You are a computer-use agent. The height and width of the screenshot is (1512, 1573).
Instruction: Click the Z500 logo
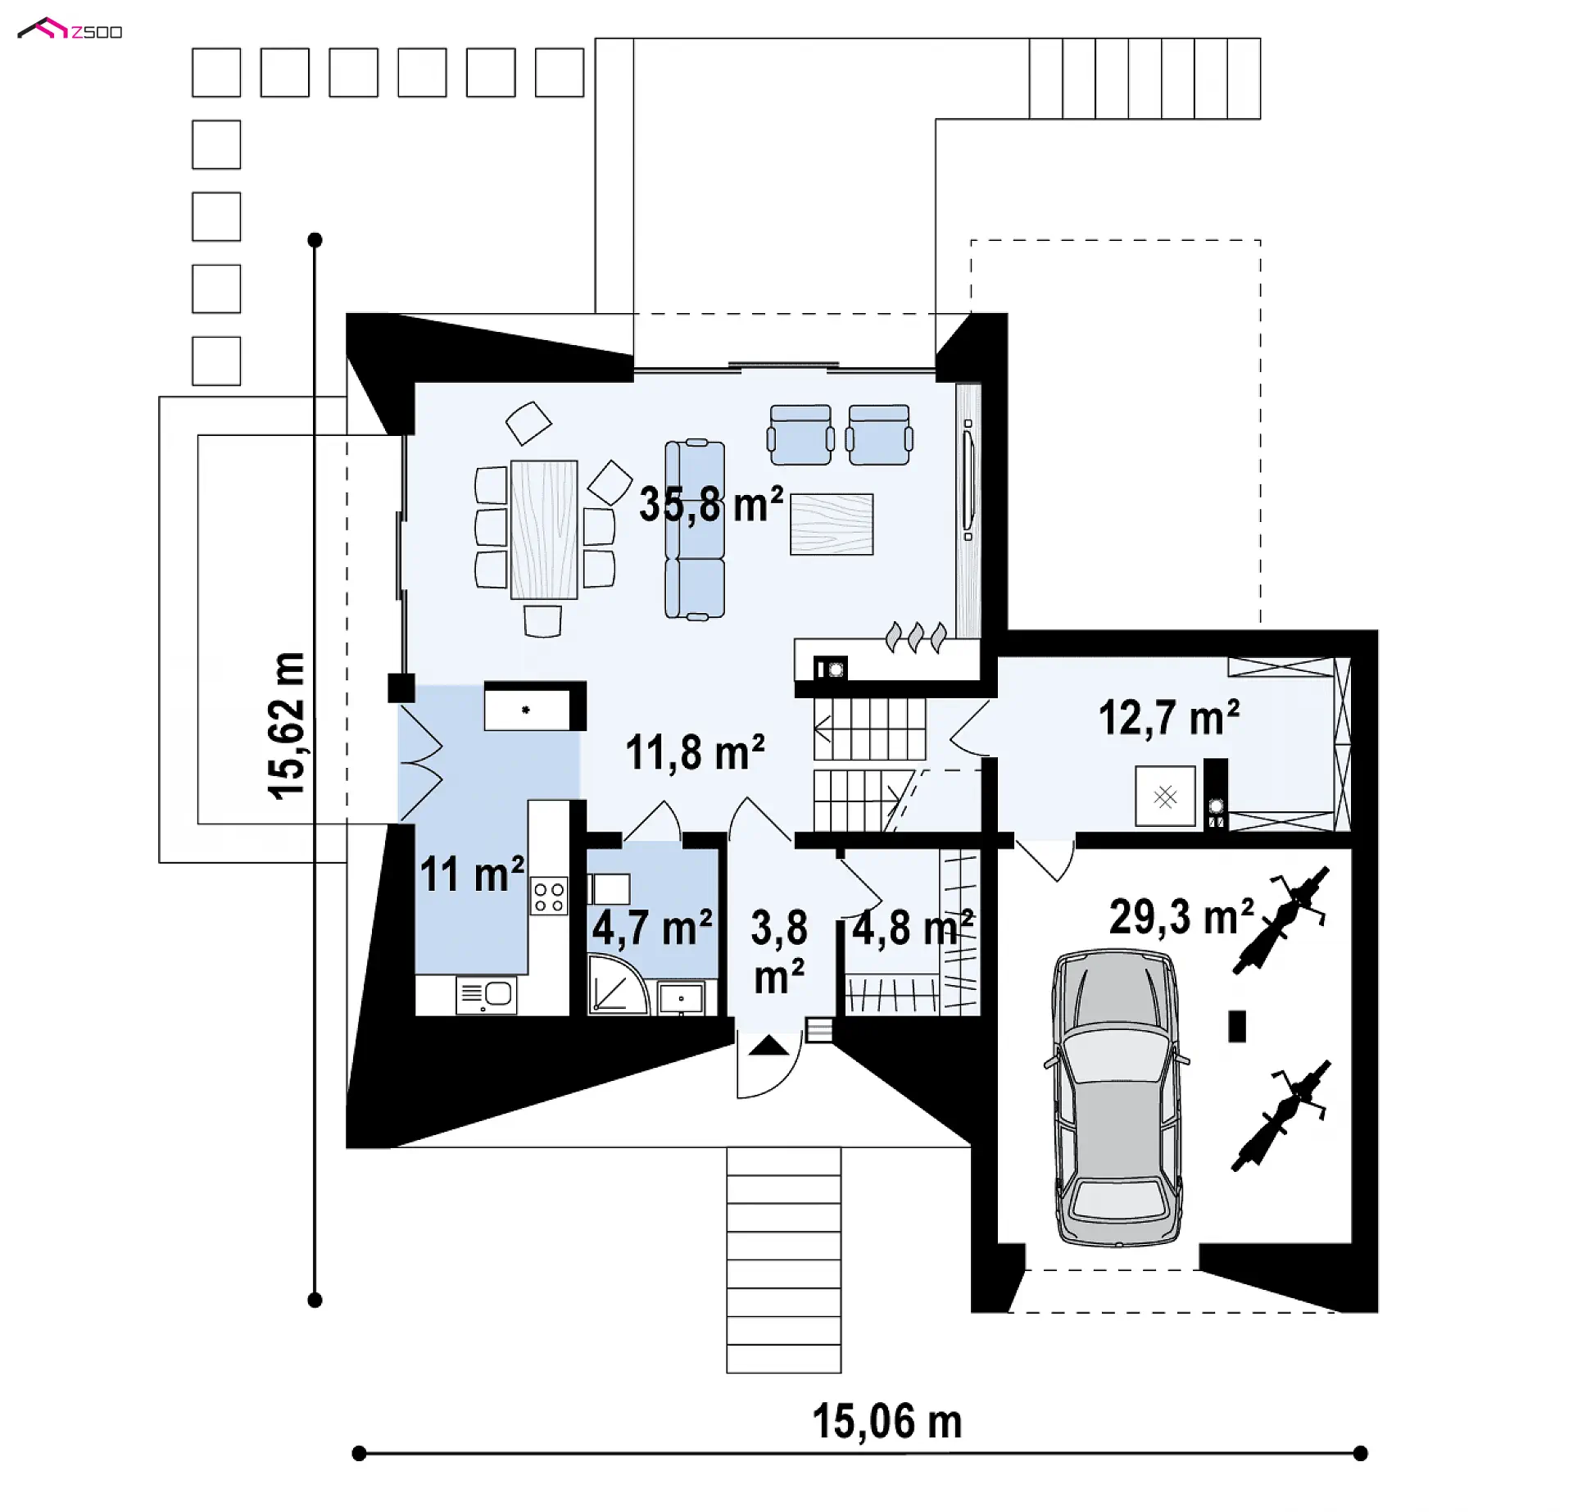(x=70, y=30)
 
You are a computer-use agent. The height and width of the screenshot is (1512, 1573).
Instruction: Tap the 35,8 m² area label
(x=711, y=504)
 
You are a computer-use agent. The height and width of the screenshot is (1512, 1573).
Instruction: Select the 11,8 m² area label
(x=695, y=752)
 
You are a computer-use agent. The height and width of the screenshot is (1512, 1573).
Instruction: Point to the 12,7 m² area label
(x=1168, y=718)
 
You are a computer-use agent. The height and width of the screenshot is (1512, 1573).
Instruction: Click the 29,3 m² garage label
(x=1181, y=916)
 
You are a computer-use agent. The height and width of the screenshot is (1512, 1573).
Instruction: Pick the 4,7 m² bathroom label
(x=652, y=928)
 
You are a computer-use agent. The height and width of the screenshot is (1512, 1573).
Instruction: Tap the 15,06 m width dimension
(x=886, y=1421)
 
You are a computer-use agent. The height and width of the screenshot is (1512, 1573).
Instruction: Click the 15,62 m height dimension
(x=287, y=726)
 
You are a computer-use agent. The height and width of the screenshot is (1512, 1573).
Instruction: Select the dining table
(x=544, y=529)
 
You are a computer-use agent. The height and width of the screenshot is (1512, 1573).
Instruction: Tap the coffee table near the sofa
(x=832, y=524)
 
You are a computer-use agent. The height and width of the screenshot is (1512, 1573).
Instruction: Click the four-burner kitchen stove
(x=549, y=895)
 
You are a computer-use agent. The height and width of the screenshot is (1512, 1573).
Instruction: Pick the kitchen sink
(x=486, y=995)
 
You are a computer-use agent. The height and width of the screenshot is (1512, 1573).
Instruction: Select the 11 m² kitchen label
(x=472, y=874)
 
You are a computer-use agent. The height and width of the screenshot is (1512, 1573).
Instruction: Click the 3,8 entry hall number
(x=779, y=928)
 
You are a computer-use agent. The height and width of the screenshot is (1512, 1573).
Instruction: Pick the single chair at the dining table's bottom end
(x=542, y=620)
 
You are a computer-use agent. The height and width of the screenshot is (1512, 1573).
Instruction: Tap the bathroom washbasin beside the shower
(x=681, y=998)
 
